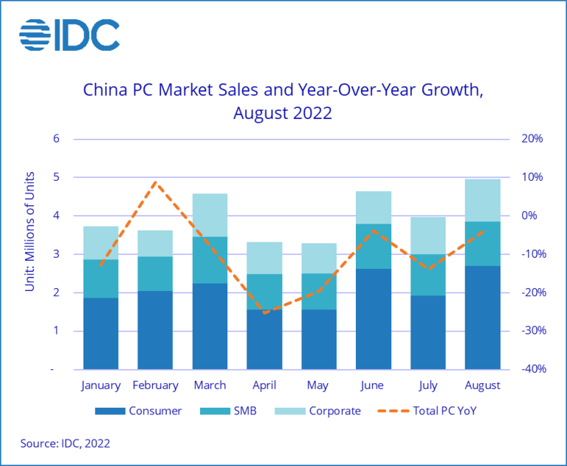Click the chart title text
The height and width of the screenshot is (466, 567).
283,102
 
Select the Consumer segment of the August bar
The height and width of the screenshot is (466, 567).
482,317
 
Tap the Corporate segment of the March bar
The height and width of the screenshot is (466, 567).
210,215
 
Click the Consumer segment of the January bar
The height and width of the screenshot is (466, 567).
101,333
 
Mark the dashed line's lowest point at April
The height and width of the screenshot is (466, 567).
264,312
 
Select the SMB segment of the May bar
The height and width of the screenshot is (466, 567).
319,291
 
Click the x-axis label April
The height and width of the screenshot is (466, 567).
264,386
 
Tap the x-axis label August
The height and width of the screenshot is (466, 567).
482,386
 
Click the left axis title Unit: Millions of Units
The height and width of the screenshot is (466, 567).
30,230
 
